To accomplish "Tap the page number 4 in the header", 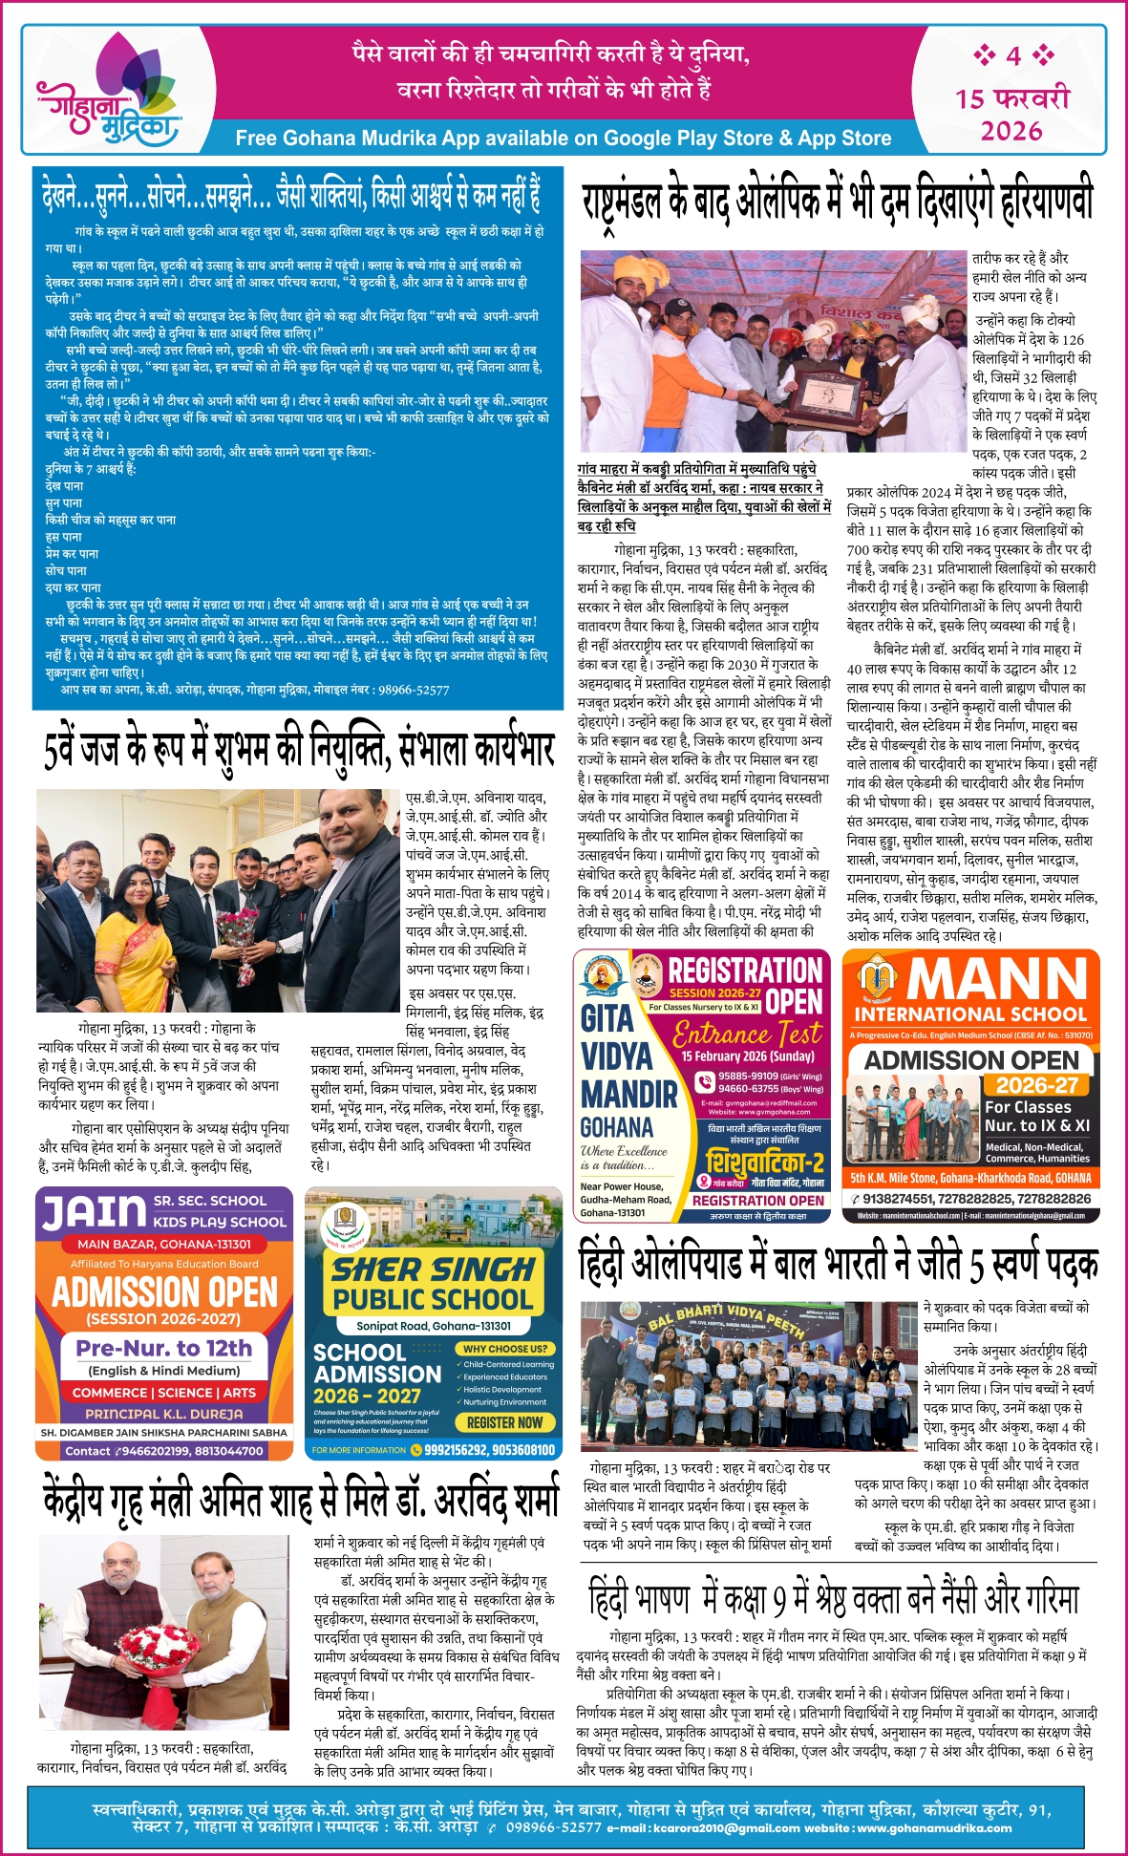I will coord(1012,55).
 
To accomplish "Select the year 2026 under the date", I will coord(1011,130).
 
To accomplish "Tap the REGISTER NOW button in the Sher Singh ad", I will coord(504,1422).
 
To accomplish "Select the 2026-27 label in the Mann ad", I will coord(1036,1085).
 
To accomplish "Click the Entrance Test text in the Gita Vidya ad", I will coord(746,1034).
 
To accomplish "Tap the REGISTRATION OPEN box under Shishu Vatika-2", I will coord(757,1201).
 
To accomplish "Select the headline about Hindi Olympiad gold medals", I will coord(838,1264).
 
